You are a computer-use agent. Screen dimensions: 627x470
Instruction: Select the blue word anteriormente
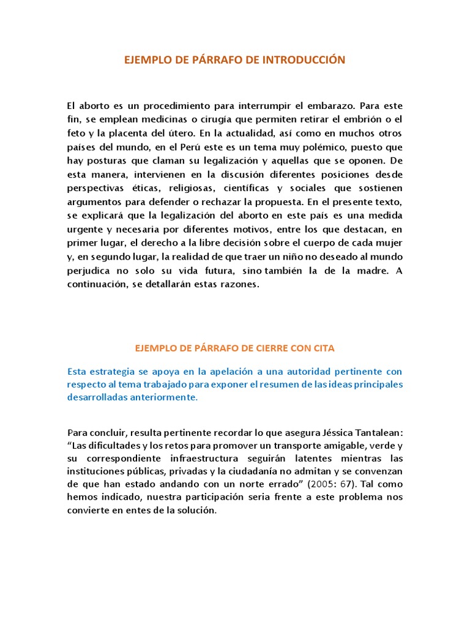point(163,397)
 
